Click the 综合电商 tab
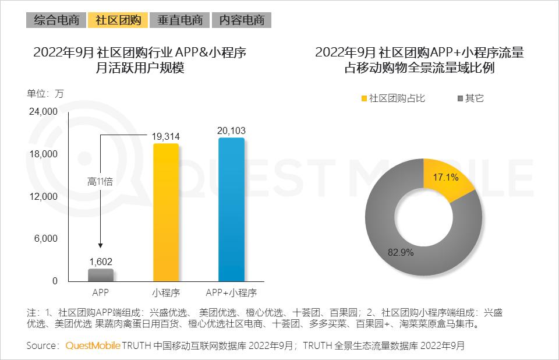pos(56,20)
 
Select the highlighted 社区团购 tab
pos(118,20)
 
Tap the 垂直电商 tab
pos(179,20)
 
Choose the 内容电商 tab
pos(242,20)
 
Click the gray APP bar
pos(101,275)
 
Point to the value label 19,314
pos(166,136)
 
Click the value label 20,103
pos(231,131)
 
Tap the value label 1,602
pos(101,262)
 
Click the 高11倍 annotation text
pos(100,181)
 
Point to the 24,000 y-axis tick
pos(43,112)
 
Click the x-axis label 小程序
pos(165,292)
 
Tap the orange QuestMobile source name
pos(93,345)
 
